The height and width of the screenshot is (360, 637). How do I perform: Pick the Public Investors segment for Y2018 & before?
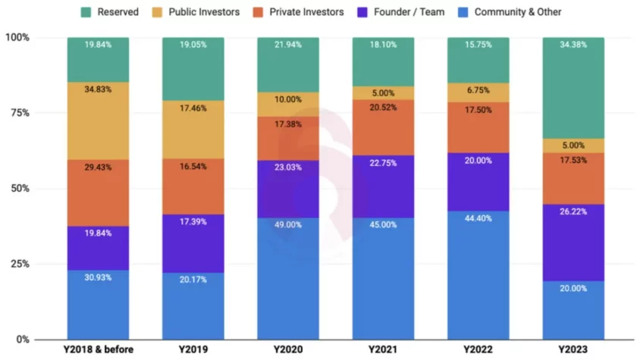click(x=98, y=121)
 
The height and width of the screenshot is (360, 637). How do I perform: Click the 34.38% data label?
click(x=573, y=45)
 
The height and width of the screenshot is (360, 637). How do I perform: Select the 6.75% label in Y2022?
click(x=479, y=88)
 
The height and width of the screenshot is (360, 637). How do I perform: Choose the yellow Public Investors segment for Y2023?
click(x=573, y=146)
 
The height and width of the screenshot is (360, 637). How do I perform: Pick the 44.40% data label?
click(x=479, y=219)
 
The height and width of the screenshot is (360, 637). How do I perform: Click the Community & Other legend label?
click(x=518, y=12)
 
